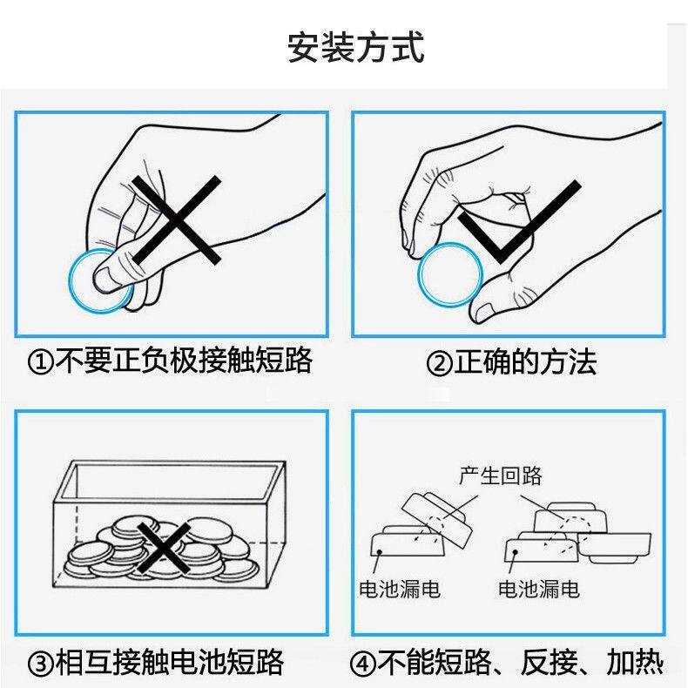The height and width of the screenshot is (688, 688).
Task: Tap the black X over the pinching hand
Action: [177, 219]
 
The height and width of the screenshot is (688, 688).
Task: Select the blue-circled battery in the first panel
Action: [96, 280]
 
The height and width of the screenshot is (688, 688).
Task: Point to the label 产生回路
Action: [500, 476]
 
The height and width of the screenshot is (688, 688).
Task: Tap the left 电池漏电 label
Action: [400, 590]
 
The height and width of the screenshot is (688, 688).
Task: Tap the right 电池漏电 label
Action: [538, 590]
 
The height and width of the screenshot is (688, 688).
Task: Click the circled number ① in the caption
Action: [40, 361]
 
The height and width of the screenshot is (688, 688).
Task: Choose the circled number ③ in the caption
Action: [40, 664]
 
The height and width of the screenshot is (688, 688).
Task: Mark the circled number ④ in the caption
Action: [364, 664]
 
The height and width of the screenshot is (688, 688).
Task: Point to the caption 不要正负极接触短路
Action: [183, 361]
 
